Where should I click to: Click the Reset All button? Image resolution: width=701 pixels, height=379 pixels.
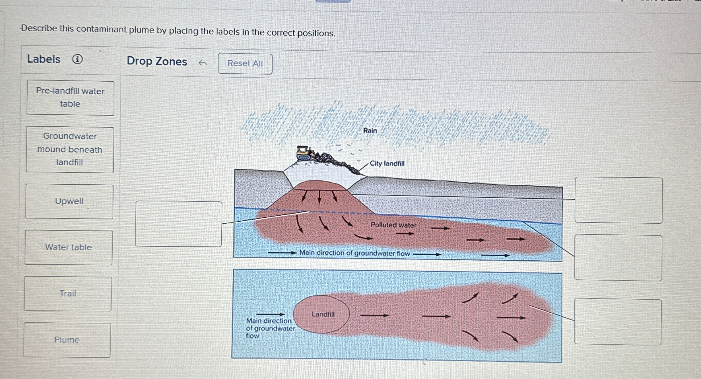(x=245, y=64)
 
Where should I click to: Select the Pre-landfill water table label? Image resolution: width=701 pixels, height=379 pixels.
(x=70, y=98)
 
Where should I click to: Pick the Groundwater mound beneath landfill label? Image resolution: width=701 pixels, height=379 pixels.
(x=70, y=150)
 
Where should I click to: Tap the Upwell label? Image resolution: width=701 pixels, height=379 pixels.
(x=69, y=201)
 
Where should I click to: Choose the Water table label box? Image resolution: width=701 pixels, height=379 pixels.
(x=69, y=248)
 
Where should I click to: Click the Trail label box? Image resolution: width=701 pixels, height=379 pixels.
(x=68, y=294)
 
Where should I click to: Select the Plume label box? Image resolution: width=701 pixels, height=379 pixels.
(x=67, y=340)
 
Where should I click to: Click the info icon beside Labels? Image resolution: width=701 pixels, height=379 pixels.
(x=77, y=59)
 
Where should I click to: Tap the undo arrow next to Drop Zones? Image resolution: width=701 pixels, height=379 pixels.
(x=202, y=63)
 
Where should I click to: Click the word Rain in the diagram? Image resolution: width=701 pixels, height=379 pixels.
(x=370, y=131)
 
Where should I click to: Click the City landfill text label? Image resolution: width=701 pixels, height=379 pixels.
(x=387, y=164)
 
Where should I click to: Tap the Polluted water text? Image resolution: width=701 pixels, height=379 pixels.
(x=393, y=225)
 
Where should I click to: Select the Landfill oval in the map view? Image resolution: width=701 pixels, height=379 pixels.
(x=321, y=314)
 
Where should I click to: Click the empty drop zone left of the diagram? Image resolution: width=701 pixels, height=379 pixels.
(x=179, y=224)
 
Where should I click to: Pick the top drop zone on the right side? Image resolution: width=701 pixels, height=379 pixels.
(x=618, y=200)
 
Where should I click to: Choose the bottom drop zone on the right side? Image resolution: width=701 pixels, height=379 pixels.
(x=618, y=322)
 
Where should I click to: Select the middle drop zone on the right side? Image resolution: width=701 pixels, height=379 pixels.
(x=618, y=258)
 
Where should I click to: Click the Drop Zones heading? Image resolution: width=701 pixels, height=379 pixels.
(x=157, y=61)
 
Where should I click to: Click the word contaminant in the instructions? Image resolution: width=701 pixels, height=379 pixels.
(x=101, y=29)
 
